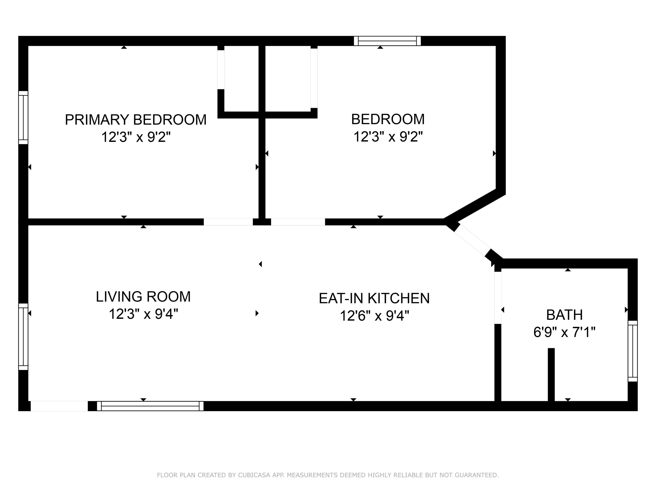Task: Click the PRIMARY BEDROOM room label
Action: (136, 120)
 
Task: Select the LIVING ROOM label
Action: (143, 297)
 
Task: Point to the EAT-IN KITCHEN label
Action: (374, 298)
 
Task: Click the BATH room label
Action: (564, 315)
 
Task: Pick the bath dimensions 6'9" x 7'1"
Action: (564, 332)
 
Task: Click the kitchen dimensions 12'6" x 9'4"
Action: (374, 316)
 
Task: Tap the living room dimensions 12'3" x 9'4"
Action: (143, 314)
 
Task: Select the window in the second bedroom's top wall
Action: (387, 41)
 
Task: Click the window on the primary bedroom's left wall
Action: (23, 117)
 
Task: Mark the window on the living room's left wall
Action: (23, 337)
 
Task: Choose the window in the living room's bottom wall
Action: (150, 406)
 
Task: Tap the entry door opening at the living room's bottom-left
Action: (59, 406)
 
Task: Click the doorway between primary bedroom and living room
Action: (228, 222)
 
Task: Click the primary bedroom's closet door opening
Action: (221, 70)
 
